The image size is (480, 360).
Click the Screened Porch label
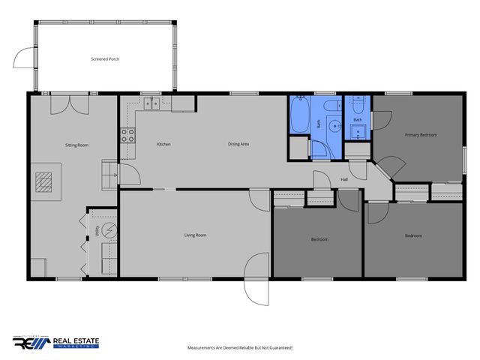coord(105,58)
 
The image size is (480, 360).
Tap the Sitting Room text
coord(77,144)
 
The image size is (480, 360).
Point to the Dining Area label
coord(238,144)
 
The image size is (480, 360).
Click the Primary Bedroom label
coord(421,135)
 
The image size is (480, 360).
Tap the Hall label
coord(344,179)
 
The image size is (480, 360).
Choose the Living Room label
coord(195,235)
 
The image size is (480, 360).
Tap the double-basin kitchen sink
coord(153,104)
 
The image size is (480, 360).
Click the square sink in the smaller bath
coord(358,134)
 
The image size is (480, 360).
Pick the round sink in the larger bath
coord(335,126)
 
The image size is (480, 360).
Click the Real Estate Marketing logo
coord(56,342)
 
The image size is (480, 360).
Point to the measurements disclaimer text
coord(239,348)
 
